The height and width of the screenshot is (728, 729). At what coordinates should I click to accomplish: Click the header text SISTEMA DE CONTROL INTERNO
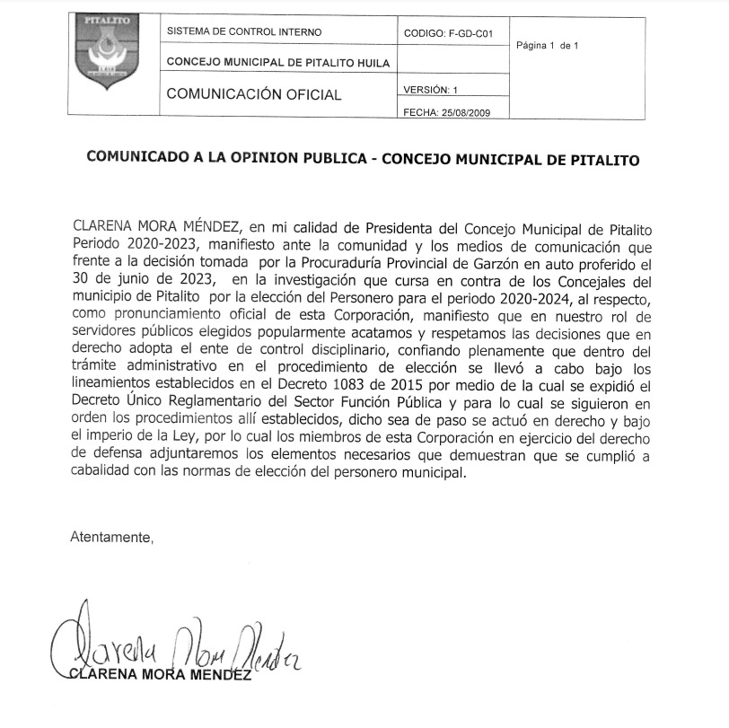pos(244,31)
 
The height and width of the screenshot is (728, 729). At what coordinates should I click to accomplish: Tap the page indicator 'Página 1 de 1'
pos(548,45)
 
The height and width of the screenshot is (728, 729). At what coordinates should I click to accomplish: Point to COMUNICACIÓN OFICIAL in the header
pos(254,94)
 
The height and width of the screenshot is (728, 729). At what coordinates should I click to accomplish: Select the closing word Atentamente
pos(111,538)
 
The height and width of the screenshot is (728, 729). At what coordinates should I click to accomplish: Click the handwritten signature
pos(171,640)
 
